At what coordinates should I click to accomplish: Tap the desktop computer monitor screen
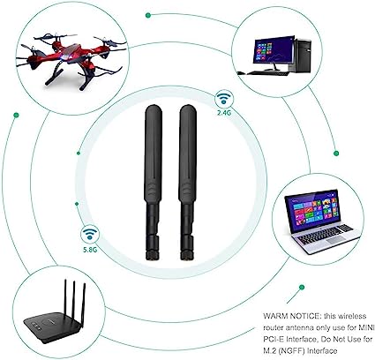click(x=274, y=49)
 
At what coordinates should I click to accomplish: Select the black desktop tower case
click(x=302, y=56)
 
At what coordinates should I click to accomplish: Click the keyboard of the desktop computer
click(x=267, y=73)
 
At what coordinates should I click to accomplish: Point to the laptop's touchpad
click(x=334, y=240)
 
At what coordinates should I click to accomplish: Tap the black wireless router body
click(x=52, y=327)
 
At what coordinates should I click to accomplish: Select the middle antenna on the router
click(x=73, y=298)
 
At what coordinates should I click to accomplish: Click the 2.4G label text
click(x=224, y=112)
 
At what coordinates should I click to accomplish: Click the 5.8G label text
click(x=90, y=250)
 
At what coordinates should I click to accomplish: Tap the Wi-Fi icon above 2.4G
click(x=224, y=99)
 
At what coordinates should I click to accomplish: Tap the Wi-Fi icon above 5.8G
click(x=90, y=235)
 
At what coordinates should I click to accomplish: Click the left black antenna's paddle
click(x=153, y=154)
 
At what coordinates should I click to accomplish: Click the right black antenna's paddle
click(x=188, y=154)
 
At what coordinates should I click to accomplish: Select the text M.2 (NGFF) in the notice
click(x=281, y=350)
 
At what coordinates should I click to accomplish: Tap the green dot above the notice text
click(x=302, y=287)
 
